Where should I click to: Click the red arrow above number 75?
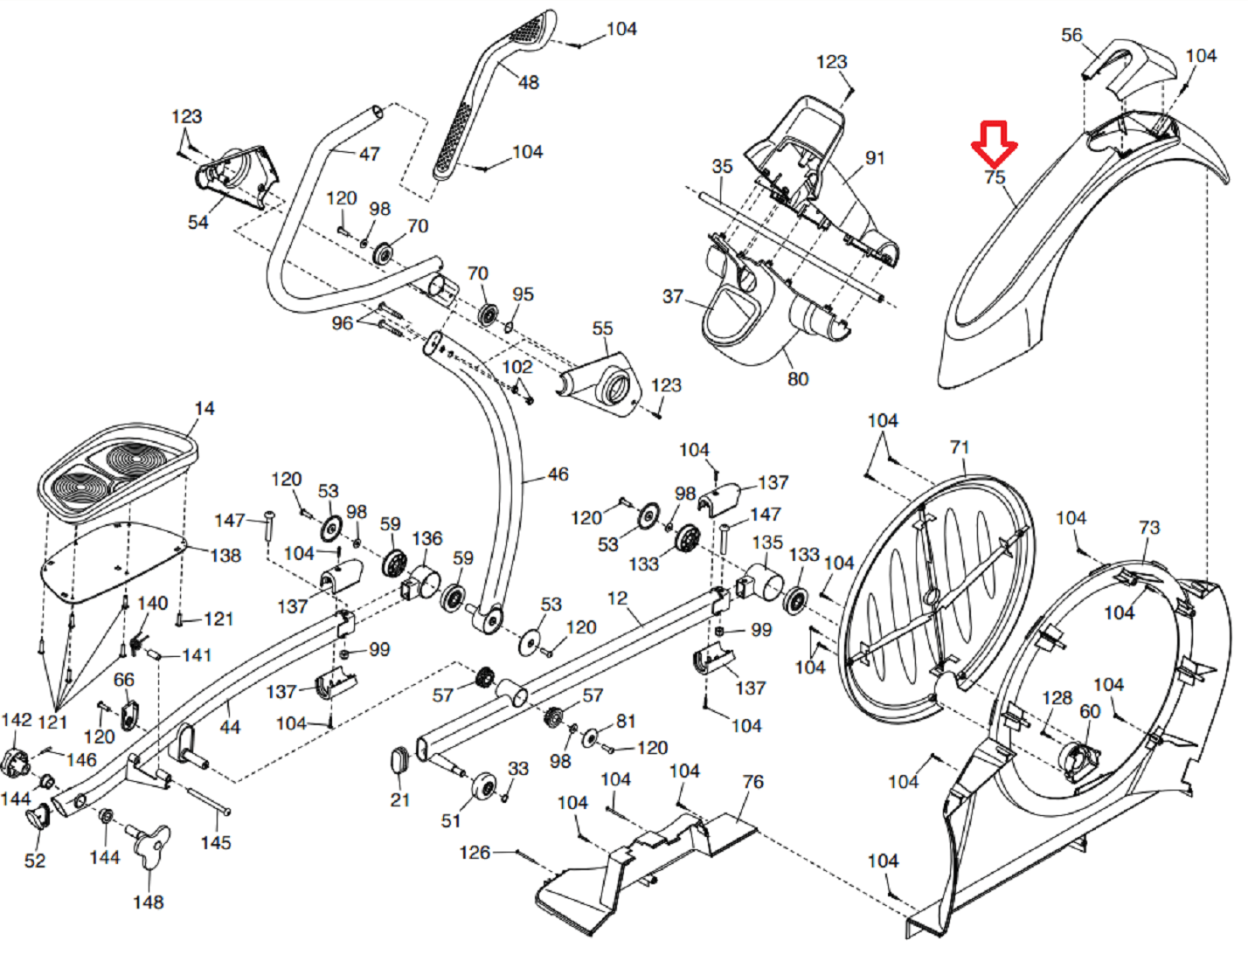pyautogui.click(x=995, y=143)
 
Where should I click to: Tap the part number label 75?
pyautogui.click(x=995, y=177)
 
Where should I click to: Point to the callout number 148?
pyautogui.click(x=148, y=902)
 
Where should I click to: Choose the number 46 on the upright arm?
pyautogui.click(x=558, y=474)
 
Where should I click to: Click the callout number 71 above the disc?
pyautogui.click(x=960, y=447)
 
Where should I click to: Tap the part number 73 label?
pyautogui.click(x=1148, y=528)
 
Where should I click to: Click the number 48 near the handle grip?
pyautogui.click(x=528, y=82)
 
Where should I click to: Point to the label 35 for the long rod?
pyautogui.click(x=722, y=166)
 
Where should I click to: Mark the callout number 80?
pyautogui.click(x=797, y=379)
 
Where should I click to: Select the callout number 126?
pyautogui.click(x=475, y=852)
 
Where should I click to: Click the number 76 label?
pyautogui.click(x=752, y=781)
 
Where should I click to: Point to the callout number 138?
pyautogui.click(x=225, y=556)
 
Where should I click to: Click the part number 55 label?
pyautogui.click(x=602, y=328)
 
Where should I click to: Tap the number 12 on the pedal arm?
pyautogui.click(x=617, y=598)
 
